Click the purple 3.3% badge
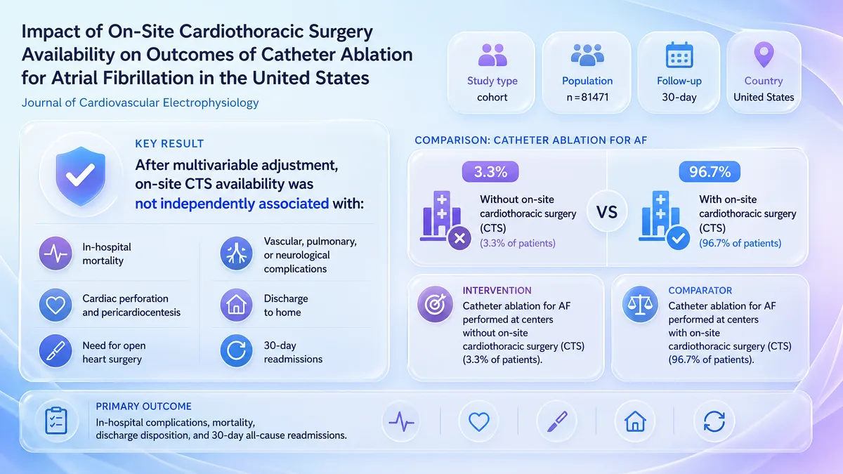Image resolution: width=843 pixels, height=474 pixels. click(490, 171)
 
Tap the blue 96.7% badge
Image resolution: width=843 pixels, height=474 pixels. click(710, 171)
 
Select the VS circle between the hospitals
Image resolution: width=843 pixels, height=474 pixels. click(607, 212)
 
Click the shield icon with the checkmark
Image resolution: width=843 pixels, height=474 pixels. click(81, 176)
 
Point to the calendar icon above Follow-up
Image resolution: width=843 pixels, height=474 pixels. click(679, 55)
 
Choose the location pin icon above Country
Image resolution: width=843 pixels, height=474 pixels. click(764, 55)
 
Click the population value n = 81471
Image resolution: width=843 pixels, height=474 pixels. click(587, 97)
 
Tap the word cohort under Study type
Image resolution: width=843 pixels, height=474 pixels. click(492, 97)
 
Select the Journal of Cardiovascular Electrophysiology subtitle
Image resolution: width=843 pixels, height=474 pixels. click(140, 103)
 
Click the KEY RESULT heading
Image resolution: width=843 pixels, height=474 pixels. click(169, 144)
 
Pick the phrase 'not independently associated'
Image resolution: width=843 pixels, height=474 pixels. click(232, 204)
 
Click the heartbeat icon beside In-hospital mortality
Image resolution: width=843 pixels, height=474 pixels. click(55, 254)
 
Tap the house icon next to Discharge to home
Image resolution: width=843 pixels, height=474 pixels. click(236, 305)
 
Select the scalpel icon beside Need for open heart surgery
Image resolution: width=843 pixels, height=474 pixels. click(55, 351)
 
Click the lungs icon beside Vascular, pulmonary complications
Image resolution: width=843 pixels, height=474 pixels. click(236, 254)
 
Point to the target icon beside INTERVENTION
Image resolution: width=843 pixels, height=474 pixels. click(435, 304)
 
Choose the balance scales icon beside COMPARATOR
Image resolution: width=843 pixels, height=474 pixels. click(640, 304)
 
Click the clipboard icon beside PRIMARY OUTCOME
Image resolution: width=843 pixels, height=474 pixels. click(56, 421)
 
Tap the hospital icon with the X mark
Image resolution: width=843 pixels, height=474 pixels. click(445, 220)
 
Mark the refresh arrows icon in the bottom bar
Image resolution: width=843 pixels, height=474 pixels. click(714, 421)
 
